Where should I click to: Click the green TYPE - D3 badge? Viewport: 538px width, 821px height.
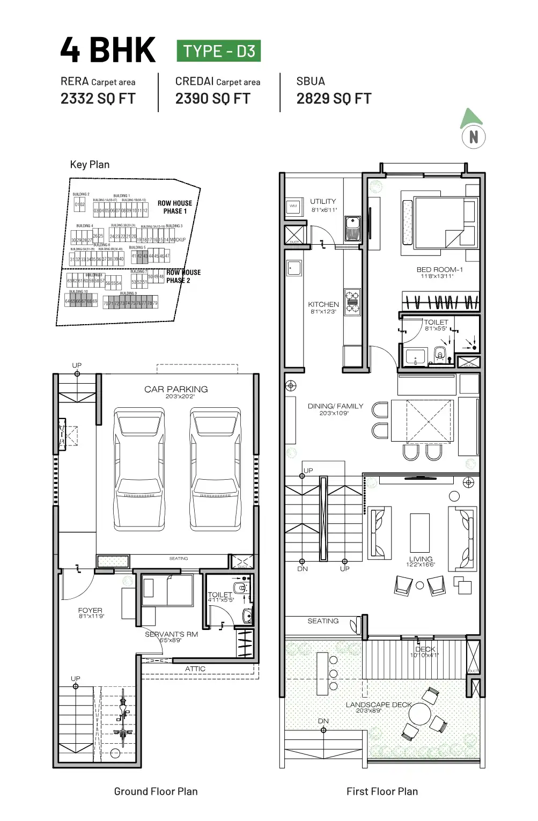[219, 51]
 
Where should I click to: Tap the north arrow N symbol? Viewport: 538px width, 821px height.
[473, 137]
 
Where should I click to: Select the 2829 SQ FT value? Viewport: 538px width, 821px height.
[334, 99]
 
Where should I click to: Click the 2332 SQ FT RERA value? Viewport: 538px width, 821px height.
[98, 99]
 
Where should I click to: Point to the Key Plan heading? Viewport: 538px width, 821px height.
[90, 165]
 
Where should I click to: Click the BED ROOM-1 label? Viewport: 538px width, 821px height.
[439, 270]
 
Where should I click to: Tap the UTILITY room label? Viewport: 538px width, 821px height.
[323, 202]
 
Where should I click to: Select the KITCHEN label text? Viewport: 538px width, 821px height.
[323, 304]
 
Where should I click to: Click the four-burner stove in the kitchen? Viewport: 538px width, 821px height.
[352, 302]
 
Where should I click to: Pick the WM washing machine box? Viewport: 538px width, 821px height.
[293, 206]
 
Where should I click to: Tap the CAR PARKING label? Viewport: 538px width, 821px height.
[176, 390]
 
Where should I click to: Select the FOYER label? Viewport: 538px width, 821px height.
[90, 611]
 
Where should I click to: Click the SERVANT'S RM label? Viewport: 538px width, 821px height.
[171, 634]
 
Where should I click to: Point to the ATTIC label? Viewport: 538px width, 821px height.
[195, 669]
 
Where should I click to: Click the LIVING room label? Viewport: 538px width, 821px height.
[421, 559]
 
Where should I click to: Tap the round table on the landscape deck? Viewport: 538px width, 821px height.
[419, 714]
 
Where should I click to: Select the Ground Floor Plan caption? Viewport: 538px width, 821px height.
[156, 791]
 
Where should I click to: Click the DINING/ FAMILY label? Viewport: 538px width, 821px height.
[335, 406]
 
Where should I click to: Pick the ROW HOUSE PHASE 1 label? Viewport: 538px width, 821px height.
[175, 207]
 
